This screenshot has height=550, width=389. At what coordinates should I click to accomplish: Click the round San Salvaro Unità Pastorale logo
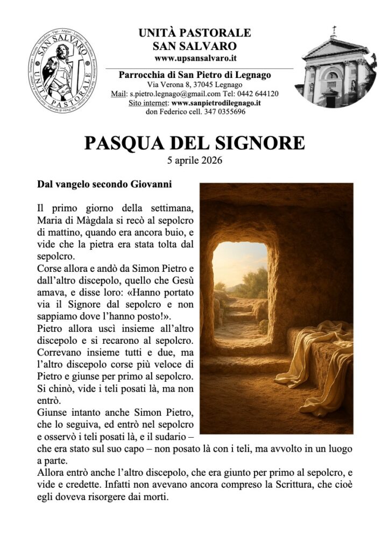(63, 71)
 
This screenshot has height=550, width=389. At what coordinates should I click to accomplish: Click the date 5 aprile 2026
(195, 160)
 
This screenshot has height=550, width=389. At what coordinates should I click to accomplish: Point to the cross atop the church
(334, 30)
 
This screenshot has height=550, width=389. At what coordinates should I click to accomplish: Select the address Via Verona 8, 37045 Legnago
(195, 85)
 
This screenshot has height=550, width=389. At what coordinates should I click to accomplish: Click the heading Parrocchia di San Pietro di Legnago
(194, 75)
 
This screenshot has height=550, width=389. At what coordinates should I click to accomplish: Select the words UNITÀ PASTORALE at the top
(194, 33)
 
